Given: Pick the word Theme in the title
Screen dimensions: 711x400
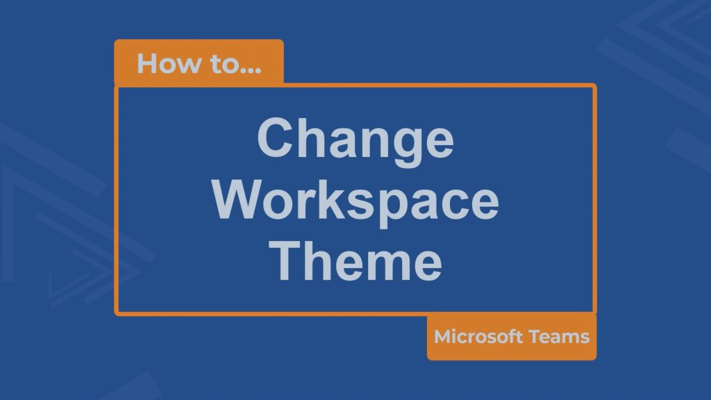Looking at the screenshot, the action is [x=355, y=261].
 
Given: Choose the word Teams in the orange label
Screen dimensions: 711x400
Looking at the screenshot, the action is [x=559, y=337].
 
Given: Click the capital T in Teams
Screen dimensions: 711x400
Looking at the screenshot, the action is [x=535, y=337].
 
